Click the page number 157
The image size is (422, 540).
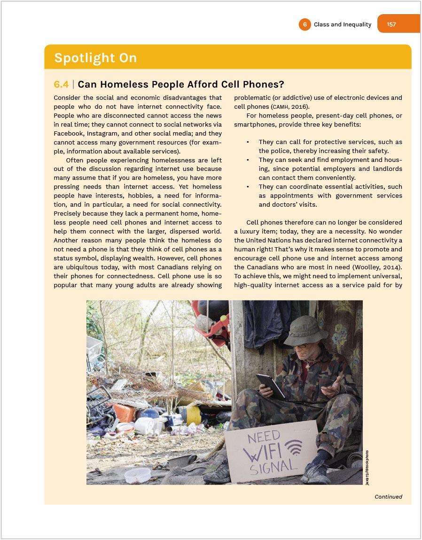[391, 24]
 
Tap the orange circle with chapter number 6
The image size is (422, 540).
[305, 24]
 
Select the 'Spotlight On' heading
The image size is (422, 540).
[95, 58]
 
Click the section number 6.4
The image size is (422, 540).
[61, 84]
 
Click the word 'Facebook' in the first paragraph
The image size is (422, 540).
[69, 133]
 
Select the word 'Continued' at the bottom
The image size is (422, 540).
[388, 497]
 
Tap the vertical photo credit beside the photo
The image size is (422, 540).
[367, 467]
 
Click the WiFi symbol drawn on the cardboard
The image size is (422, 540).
[293, 447]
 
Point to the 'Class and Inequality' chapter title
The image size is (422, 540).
[342, 24]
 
